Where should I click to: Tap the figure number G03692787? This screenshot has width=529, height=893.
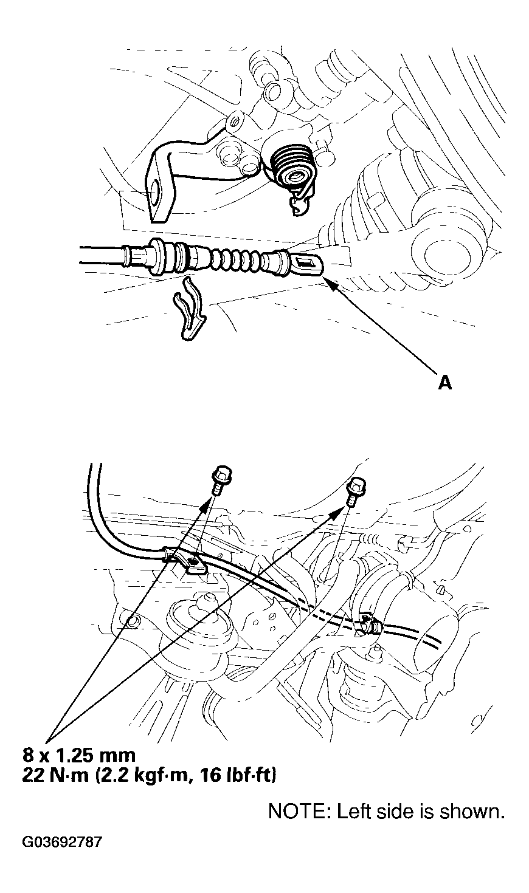click(x=63, y=843)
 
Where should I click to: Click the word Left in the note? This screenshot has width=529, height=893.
click(x=349, y=812)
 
